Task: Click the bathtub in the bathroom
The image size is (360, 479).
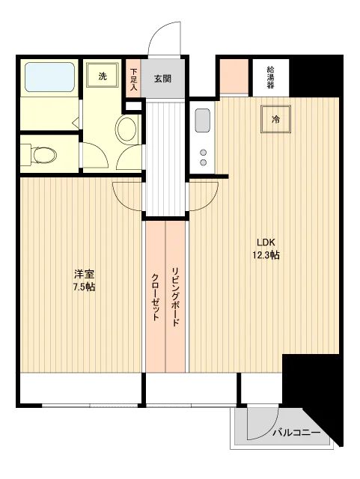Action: [49, 77]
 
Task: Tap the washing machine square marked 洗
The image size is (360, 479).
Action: [102, 76]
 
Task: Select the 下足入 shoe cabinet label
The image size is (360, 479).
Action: [133, 80]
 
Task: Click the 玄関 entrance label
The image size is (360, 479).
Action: [162, 79]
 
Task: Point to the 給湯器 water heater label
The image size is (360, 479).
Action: [270, 77]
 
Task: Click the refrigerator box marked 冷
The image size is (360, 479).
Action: [275, 119]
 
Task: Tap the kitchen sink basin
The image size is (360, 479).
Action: [202, 120]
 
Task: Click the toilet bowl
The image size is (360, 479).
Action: [44, 155]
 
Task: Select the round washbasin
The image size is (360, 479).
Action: [126, 128]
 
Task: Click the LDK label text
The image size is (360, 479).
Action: [266, 242]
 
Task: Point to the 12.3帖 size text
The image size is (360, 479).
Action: [266, 255]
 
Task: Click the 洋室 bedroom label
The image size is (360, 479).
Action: [84, 274]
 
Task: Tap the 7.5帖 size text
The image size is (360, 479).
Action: [84, 287]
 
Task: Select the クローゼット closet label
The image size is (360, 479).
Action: [155, 297]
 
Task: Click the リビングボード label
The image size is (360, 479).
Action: [175, 296]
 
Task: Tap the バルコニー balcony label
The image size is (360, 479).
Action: [296, 433]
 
